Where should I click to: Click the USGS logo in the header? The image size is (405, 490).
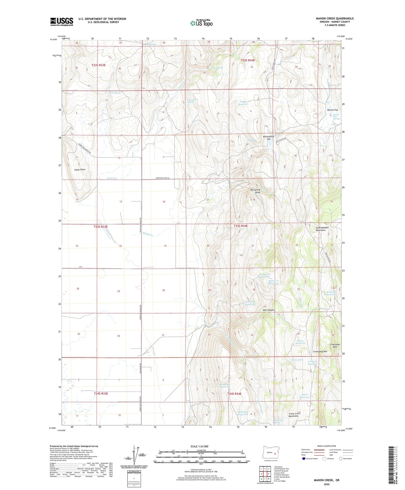(62, 22)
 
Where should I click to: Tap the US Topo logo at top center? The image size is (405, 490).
(201, 23)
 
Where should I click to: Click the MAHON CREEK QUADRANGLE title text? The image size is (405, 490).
(335, 19)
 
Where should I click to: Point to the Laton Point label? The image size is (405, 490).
(80, 170)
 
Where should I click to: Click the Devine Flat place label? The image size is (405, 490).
(333, 110)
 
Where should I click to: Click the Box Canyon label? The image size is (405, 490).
(268, 310)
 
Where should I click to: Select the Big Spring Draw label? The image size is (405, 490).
(255, 191)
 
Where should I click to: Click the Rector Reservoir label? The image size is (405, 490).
(301, 342)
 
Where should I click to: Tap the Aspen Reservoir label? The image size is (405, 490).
(304, 396)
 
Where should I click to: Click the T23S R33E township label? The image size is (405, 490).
(101, 226)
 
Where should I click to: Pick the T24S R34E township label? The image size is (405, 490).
(234, 394)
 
